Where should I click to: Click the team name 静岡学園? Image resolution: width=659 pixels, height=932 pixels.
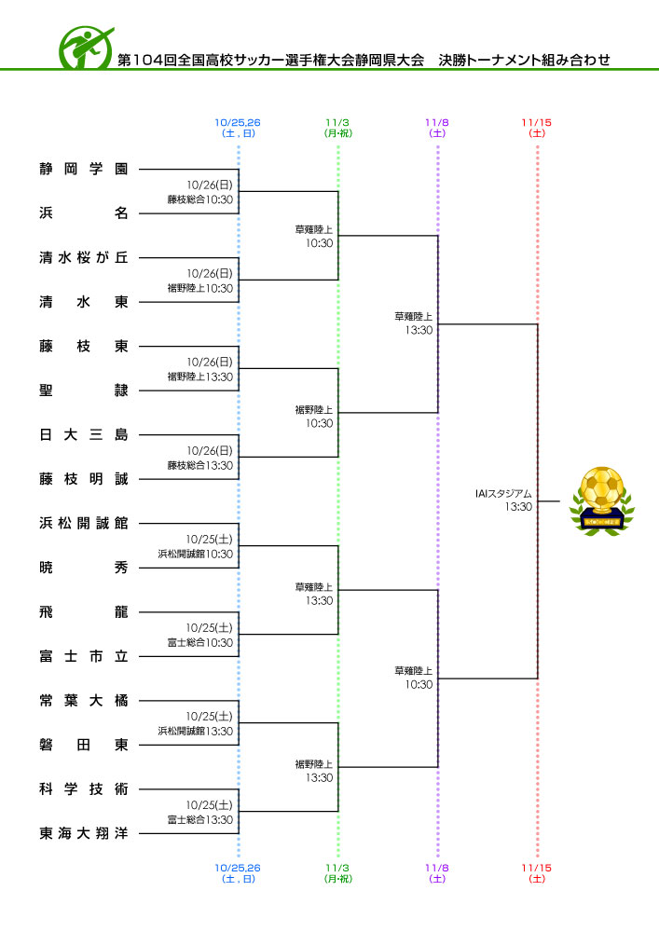tap(83, 170)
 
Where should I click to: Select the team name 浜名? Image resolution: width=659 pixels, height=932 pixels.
tap(83, 213)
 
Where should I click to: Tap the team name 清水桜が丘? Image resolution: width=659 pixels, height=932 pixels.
tap(83, 258)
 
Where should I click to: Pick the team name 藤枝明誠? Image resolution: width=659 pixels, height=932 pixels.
tap(83, 479)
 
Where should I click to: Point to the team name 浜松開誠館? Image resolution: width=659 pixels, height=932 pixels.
tap(83, 523)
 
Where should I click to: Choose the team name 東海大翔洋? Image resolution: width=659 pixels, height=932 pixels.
tap(83, 833)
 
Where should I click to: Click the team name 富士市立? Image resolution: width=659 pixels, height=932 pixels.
tap(83, 656)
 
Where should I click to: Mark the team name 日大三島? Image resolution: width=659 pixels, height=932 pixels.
tap(83, 435)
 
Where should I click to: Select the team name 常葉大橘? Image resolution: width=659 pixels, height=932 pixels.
tap(83, 700)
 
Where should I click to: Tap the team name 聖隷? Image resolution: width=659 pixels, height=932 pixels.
tap(83, 391)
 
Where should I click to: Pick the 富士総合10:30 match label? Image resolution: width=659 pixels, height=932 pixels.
tap(200, 642)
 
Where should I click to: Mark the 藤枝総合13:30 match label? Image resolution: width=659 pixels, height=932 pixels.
tap(200, 465)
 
